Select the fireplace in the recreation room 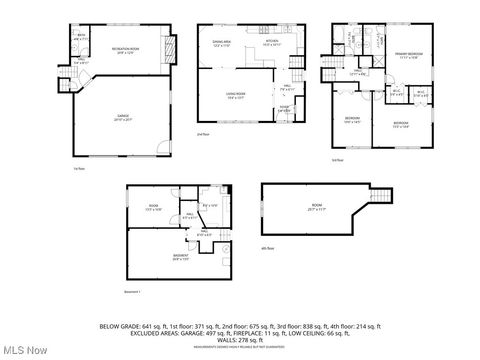pyautogui.click(x=167, y=47)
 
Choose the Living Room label pyautogui.click(x=235, y=96)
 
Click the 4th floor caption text pyautogui.click(x=267, y=246)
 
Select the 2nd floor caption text pyautogui.click(x=203, y=134)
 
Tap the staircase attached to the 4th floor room pyautogui.click(x=383, y=195)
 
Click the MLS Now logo pyautogui.click(x=24, y=348)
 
